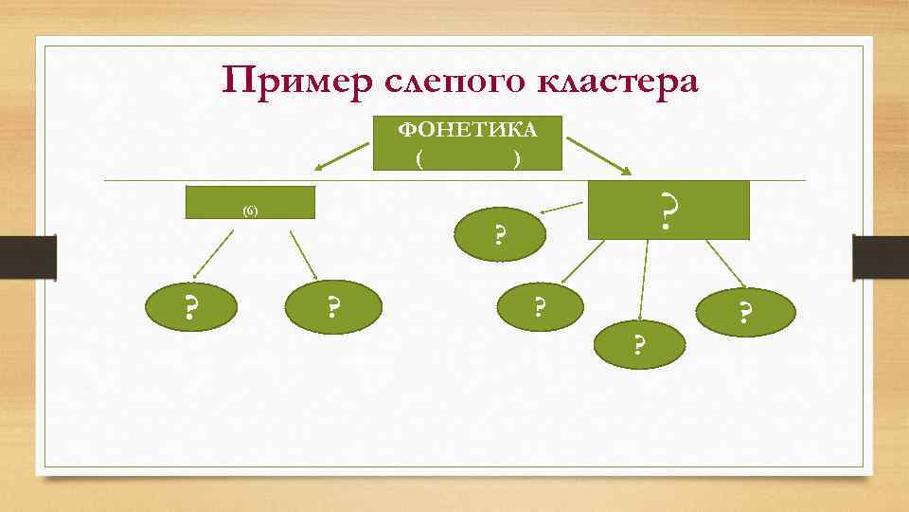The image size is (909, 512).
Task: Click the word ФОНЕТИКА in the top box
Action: point(467,129)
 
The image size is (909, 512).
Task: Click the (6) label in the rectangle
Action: point(249,210)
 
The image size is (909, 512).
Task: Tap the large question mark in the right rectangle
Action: point(668,211)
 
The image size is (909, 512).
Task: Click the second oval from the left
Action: point(332,307)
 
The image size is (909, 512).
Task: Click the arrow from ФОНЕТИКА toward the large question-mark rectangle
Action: point(602,155)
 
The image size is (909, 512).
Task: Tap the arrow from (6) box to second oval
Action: point(303,256)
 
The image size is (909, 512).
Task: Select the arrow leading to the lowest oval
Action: point(645,280)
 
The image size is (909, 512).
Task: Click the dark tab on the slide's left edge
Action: point(27,257)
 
